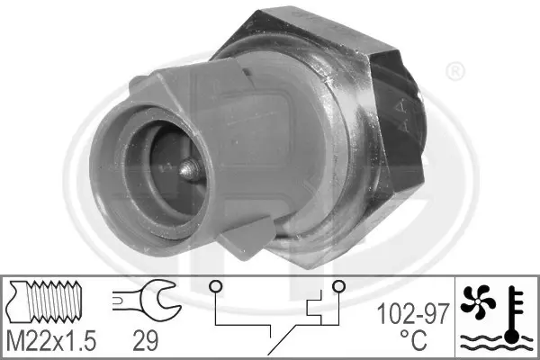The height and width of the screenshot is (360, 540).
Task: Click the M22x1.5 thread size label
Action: (51, 340)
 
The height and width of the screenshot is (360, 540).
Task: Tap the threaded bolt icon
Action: (46, 301)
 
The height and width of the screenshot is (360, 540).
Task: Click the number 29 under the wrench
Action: (146, 340)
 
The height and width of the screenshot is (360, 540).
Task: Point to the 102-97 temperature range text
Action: (413, 314)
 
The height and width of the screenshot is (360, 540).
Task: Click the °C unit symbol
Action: (413, 339)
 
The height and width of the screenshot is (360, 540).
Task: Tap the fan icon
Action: (478, 301)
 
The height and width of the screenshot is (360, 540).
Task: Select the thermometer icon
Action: (514, 314)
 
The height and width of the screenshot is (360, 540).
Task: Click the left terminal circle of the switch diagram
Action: (216, 286)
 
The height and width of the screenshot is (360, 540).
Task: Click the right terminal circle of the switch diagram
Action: (338, 285)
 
